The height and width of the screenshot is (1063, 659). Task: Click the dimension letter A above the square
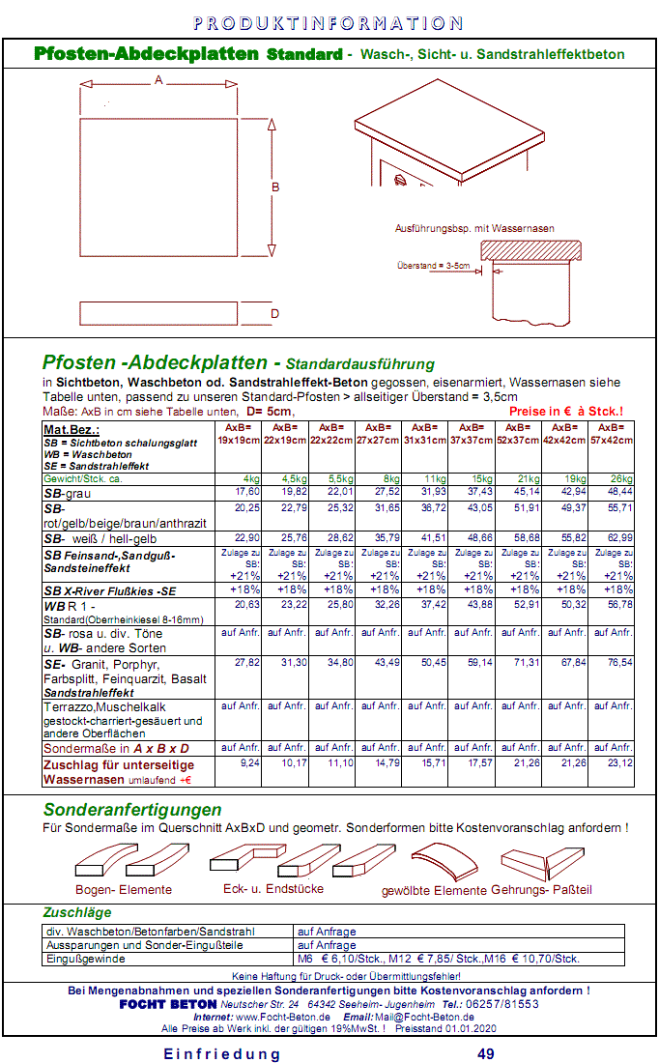point(158,79)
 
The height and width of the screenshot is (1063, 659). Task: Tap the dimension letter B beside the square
point(275,187)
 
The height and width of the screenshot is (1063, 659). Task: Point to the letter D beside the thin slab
point(275,314)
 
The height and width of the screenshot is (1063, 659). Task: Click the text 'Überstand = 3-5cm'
point(434,264)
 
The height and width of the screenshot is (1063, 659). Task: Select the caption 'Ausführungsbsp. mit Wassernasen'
point(475,229)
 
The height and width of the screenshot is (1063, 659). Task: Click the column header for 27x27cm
point(380,434)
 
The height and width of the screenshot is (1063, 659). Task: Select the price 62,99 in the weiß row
point(613,538)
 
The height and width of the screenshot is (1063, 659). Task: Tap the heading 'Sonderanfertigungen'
point(132,810)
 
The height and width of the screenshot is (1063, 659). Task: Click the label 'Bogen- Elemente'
point(124,890)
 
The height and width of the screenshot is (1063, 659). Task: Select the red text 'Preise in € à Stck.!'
point(565,411)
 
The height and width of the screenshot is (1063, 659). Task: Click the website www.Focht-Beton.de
point(283,1017)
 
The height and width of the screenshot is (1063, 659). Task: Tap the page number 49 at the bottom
point(486,1052)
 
